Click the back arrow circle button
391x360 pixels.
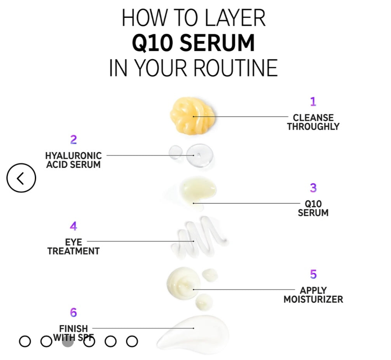point(21,178)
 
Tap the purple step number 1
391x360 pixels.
point(313,102)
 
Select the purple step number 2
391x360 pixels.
point(73,140)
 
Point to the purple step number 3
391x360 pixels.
point(313,188)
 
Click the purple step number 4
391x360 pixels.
point(73,226)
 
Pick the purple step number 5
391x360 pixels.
point(313,274)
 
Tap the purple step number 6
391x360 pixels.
point(73,312)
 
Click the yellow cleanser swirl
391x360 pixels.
point(192,116)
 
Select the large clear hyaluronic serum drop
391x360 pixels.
point(200,155)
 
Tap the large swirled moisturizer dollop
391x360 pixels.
point(183,283)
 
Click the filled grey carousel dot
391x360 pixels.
point(68,341)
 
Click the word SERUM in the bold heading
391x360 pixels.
point(217,43)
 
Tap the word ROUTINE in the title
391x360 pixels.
point(236,68)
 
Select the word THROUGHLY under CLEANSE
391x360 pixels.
point(313,127)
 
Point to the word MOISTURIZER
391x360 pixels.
point(313,299)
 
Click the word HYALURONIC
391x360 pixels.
point(73,156)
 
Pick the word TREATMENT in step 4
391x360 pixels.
point(73,251)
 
